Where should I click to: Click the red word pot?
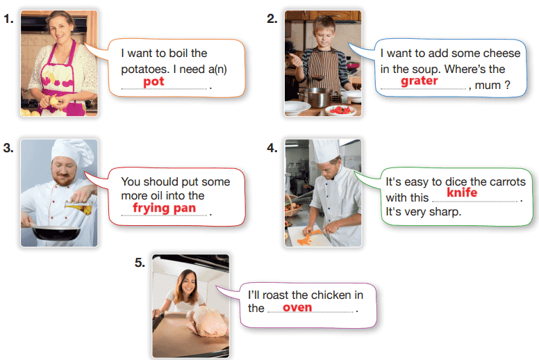154,82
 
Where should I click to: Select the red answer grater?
419,81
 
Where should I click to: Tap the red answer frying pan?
165,208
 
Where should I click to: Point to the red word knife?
462,193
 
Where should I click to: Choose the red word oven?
297,307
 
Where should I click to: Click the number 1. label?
9,19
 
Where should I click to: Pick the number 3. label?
8,148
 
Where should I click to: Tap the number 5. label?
140,263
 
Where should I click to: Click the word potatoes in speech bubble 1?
145,69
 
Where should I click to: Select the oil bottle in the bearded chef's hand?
78,207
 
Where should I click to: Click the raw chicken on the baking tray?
207,321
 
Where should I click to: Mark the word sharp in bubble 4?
445,212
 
